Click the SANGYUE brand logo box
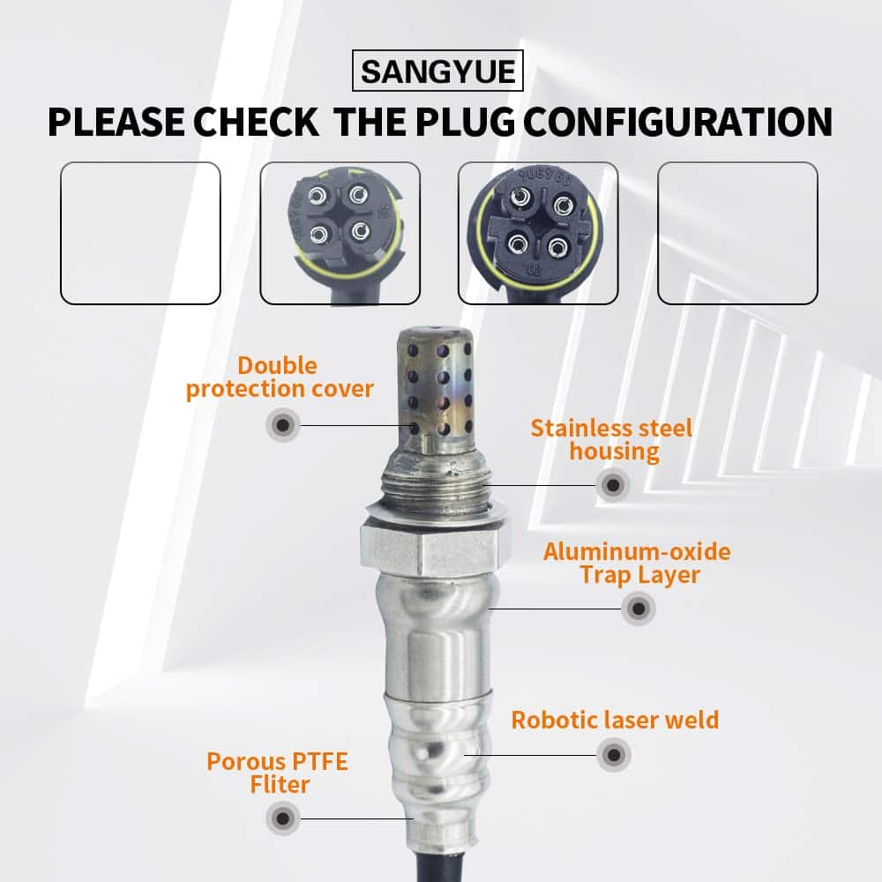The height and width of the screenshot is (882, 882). tap(437, 71)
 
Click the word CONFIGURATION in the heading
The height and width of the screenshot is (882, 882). tap(677, 122)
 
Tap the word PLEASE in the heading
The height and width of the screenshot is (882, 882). tap(116, 122)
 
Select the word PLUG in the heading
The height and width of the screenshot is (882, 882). tap(465, 122)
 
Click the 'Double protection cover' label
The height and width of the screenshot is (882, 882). tap(280, 377)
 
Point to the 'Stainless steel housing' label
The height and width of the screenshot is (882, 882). tap(612, 440)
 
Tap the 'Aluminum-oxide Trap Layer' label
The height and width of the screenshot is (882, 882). tap(638, 563)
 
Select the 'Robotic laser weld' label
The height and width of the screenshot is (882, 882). tap(615, 720)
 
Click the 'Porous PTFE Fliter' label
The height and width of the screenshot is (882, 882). tap(278, 773)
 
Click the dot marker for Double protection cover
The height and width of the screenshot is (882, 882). tap(283, 425)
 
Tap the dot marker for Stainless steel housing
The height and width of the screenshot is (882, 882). tap(613, 485)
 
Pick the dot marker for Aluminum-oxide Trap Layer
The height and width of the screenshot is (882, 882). tap(639, 608)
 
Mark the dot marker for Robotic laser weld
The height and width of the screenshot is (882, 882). tap(614, 755)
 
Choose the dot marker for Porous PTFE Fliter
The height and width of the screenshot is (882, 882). tap(283, 818)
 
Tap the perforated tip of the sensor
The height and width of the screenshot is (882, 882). tap(434, 388)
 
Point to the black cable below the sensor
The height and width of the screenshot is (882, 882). tap(442, 866)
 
